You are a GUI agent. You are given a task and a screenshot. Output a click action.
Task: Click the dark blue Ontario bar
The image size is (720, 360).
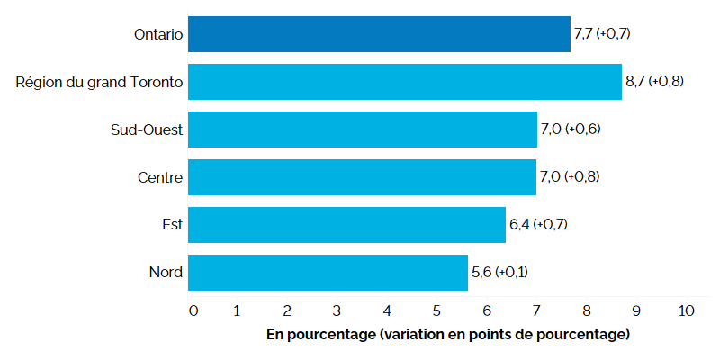[379, 34]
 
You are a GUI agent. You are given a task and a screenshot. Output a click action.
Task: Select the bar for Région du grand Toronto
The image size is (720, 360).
[405, 82]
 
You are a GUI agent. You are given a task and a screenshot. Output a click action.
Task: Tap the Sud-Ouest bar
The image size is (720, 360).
[363, 130]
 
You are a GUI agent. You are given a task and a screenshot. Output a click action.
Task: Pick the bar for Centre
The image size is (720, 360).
[363, 177]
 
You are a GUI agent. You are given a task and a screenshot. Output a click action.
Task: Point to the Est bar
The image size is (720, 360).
[347, 225]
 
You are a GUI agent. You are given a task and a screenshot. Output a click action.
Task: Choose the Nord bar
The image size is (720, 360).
[328, 273]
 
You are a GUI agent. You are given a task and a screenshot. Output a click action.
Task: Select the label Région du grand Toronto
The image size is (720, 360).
[100, 82]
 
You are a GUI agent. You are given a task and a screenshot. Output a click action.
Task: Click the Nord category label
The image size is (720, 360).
[165, 273]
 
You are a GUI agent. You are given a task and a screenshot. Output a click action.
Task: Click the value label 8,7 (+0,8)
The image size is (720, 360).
[655, 82]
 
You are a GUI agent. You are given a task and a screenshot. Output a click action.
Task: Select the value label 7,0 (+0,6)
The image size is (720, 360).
[571, 130]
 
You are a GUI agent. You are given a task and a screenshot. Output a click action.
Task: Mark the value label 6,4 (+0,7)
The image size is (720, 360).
[541, 225]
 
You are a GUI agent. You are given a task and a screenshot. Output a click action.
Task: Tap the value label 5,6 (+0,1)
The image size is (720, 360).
[502, 273]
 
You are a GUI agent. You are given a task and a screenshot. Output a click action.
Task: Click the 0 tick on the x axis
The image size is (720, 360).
[193, 311]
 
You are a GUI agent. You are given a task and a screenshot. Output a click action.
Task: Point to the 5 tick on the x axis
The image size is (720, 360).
[436, 311]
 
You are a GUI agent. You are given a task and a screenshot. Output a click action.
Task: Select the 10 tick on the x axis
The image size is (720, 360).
[686, 311]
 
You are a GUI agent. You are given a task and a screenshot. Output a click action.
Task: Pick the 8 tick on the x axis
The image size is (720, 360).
[586, 311]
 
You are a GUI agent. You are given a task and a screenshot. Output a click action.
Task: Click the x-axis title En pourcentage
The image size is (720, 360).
[447, 335]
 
